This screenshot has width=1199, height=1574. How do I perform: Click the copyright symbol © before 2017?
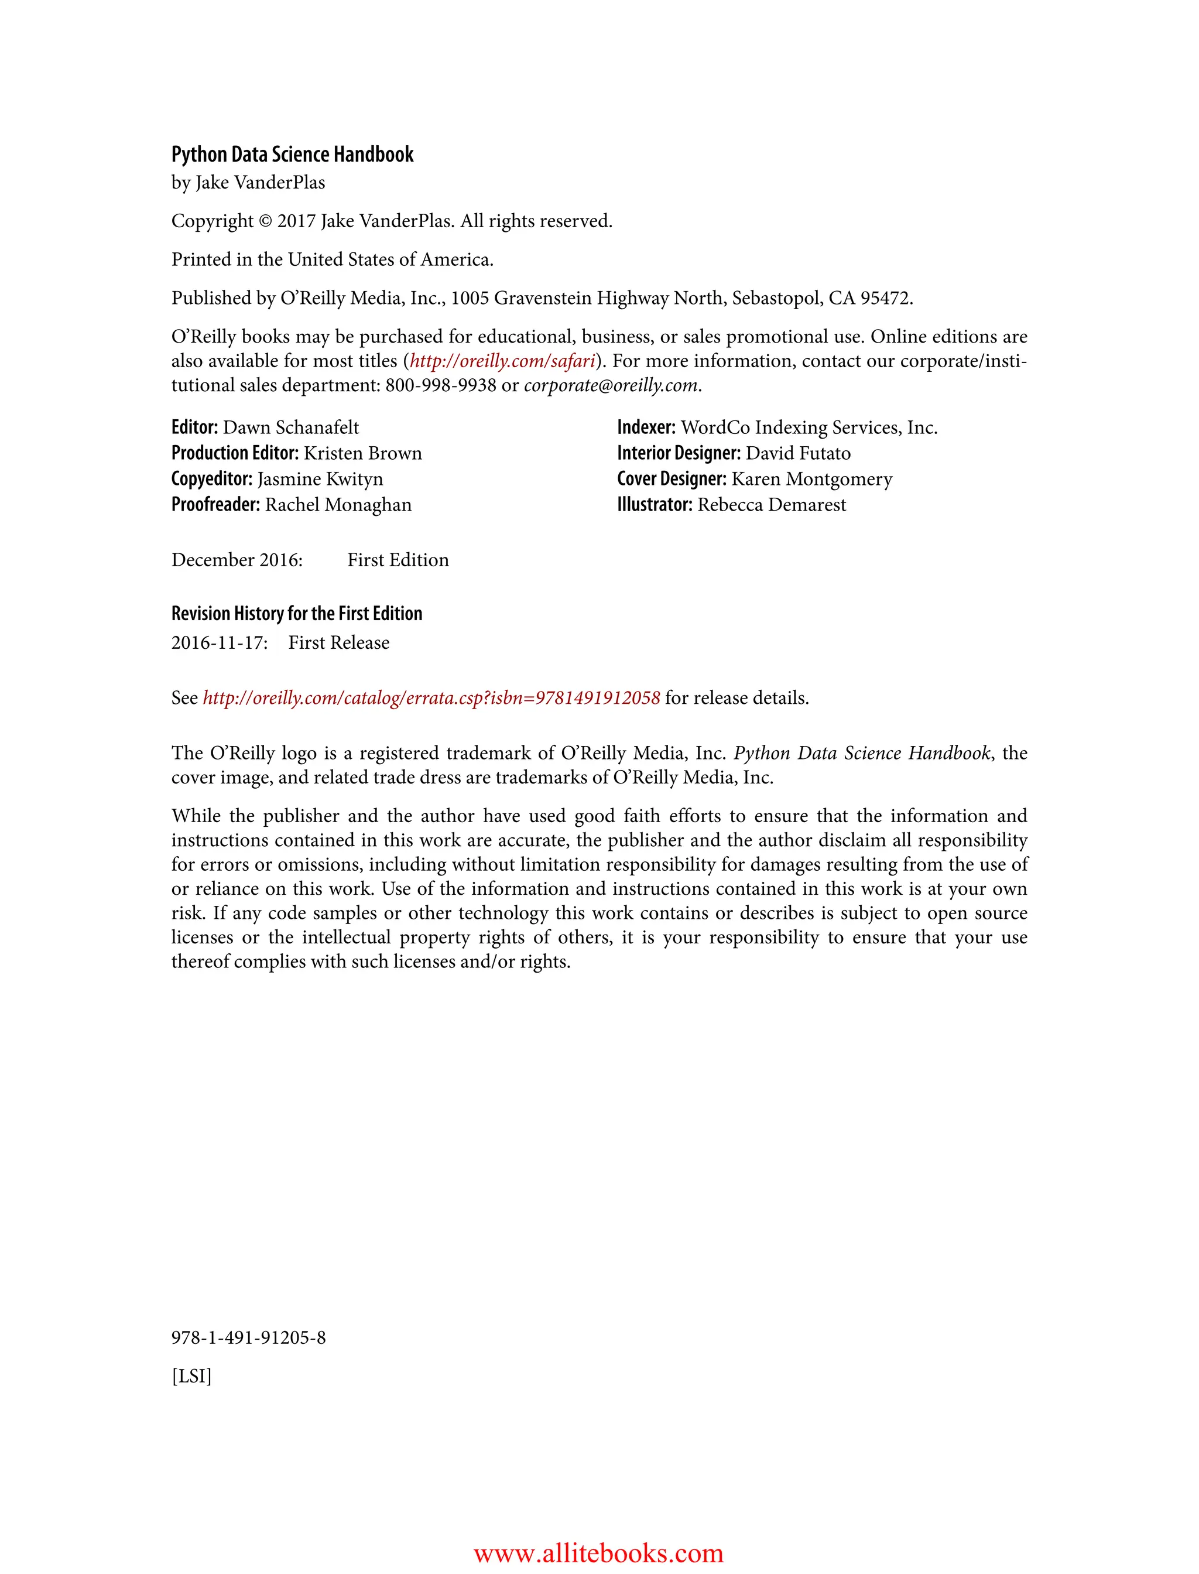point(265,221)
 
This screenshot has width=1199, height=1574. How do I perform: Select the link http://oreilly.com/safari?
point(502,361)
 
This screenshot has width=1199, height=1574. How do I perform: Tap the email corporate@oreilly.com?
point(610,385)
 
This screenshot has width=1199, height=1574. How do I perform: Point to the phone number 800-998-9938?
point(440,385)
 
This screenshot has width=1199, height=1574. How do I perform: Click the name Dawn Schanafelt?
point(290,427)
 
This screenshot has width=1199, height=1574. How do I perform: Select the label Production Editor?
point(235,453)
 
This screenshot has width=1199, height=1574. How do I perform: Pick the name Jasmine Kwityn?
point(320,479)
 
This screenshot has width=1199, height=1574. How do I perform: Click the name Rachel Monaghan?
point(338,505)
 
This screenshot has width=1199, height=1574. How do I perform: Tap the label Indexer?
point(646,427)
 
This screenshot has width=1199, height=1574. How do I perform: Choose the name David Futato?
point(798,453)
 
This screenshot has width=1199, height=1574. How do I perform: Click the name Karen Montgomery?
point(811,479)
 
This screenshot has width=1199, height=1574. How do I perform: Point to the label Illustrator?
point(655,505)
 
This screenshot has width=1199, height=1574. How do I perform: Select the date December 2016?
point(237,560)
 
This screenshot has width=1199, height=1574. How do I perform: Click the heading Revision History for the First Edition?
point(296,613)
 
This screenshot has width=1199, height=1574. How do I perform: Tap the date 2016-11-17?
point(218,642)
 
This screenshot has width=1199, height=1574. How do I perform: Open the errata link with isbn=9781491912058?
point(431,697)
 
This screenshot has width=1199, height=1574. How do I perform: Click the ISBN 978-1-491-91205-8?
point(248,1337)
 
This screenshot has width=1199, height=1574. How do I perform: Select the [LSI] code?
point(191,1375)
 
